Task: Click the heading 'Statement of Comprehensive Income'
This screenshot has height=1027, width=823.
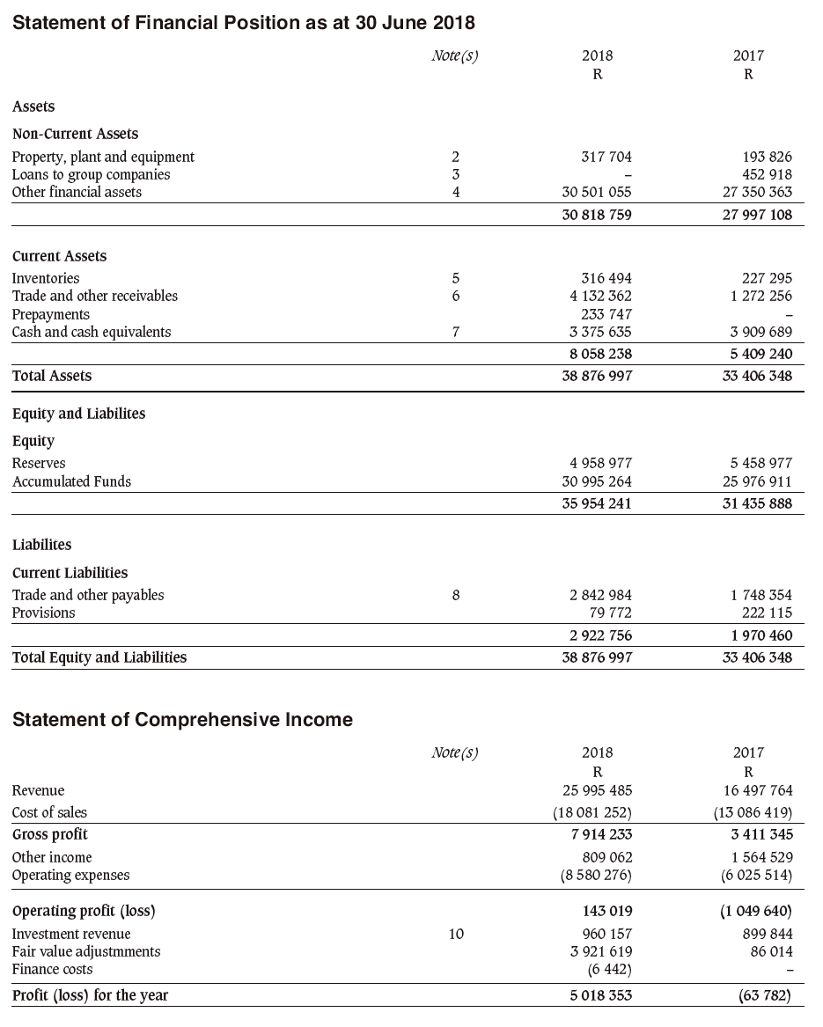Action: click(x=182, y=720)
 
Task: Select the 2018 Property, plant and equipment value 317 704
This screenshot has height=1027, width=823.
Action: click(x=597, y=157)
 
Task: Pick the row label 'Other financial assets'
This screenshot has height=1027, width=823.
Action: click(x=77, y=192)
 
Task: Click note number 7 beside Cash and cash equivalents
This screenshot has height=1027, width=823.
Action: click(x=455, y=332)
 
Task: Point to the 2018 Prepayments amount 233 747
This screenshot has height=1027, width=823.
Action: click(x=606, y=314)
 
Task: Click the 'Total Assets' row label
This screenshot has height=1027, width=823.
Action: click(x=52, y=376)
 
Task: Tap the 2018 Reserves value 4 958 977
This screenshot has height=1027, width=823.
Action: click(x=597, y=463)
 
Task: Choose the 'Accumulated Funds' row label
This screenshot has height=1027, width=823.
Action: click(x=71, y=481)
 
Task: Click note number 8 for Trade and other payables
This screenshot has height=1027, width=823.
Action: click(x=455, y=595)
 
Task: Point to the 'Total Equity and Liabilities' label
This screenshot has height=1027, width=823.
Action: click(x=99, y=657)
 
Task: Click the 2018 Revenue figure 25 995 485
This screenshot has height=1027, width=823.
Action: click(x=597, y=790)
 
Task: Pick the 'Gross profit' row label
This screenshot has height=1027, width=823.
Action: click(x=50, y=833)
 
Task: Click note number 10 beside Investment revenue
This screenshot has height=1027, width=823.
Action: click(x=455, y=934)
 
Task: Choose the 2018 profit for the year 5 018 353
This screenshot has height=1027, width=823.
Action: click(x=597, y=995)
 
